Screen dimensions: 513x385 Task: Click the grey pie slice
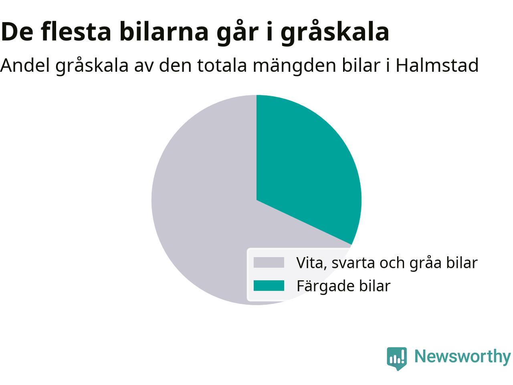(x=201, y=211)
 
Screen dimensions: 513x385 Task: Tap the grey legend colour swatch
(x=269, y=263)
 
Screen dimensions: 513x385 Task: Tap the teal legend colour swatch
(x=269, y=286)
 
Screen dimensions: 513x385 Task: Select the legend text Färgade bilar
(x=343, y=286)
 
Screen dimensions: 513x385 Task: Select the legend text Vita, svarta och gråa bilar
(x=387, y=263)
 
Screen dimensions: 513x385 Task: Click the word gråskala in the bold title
(x=335, y=32)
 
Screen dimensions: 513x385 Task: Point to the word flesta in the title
(x=76, y=31)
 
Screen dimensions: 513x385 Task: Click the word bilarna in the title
(x=164, y=31)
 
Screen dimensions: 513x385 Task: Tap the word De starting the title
(x=17, y=32)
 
